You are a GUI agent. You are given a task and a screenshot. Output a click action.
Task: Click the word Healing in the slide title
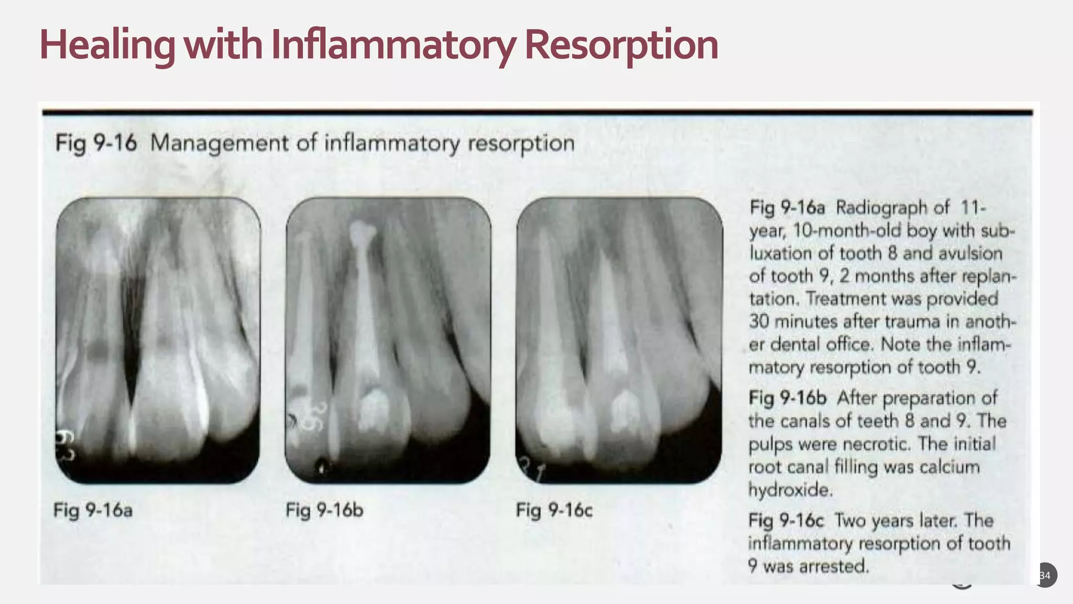107,45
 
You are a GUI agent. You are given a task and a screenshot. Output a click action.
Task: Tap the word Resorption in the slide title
621,45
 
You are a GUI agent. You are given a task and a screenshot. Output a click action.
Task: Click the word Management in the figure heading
219,143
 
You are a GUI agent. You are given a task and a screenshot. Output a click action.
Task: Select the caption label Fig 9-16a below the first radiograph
93,510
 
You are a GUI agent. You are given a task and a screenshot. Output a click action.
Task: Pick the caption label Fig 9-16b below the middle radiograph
324,510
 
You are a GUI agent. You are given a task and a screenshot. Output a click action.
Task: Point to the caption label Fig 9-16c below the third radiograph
554,510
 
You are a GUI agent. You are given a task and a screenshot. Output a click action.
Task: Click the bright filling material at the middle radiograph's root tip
363,233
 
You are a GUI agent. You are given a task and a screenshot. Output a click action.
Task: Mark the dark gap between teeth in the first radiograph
131,325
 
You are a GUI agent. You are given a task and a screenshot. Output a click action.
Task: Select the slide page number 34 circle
1045,575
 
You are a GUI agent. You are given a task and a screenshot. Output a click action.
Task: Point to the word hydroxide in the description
790,490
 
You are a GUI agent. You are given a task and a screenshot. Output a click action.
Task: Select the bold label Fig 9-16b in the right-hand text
787,398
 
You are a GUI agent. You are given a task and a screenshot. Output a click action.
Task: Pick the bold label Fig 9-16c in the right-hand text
786,521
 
